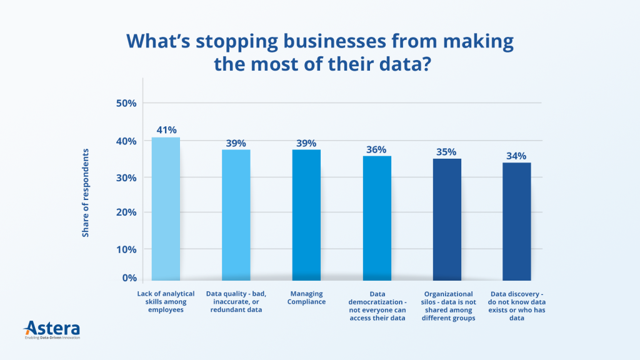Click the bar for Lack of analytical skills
166,209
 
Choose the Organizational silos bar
447,219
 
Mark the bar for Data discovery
517,221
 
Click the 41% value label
166,131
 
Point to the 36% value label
377,149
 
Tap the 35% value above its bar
447,152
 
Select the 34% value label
517,156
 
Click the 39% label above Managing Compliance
306,143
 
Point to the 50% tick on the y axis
126,103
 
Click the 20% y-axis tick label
126,212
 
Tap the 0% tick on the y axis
129,277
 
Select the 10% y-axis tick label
126,249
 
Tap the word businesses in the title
318,42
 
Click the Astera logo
52,329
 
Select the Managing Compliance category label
306,297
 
